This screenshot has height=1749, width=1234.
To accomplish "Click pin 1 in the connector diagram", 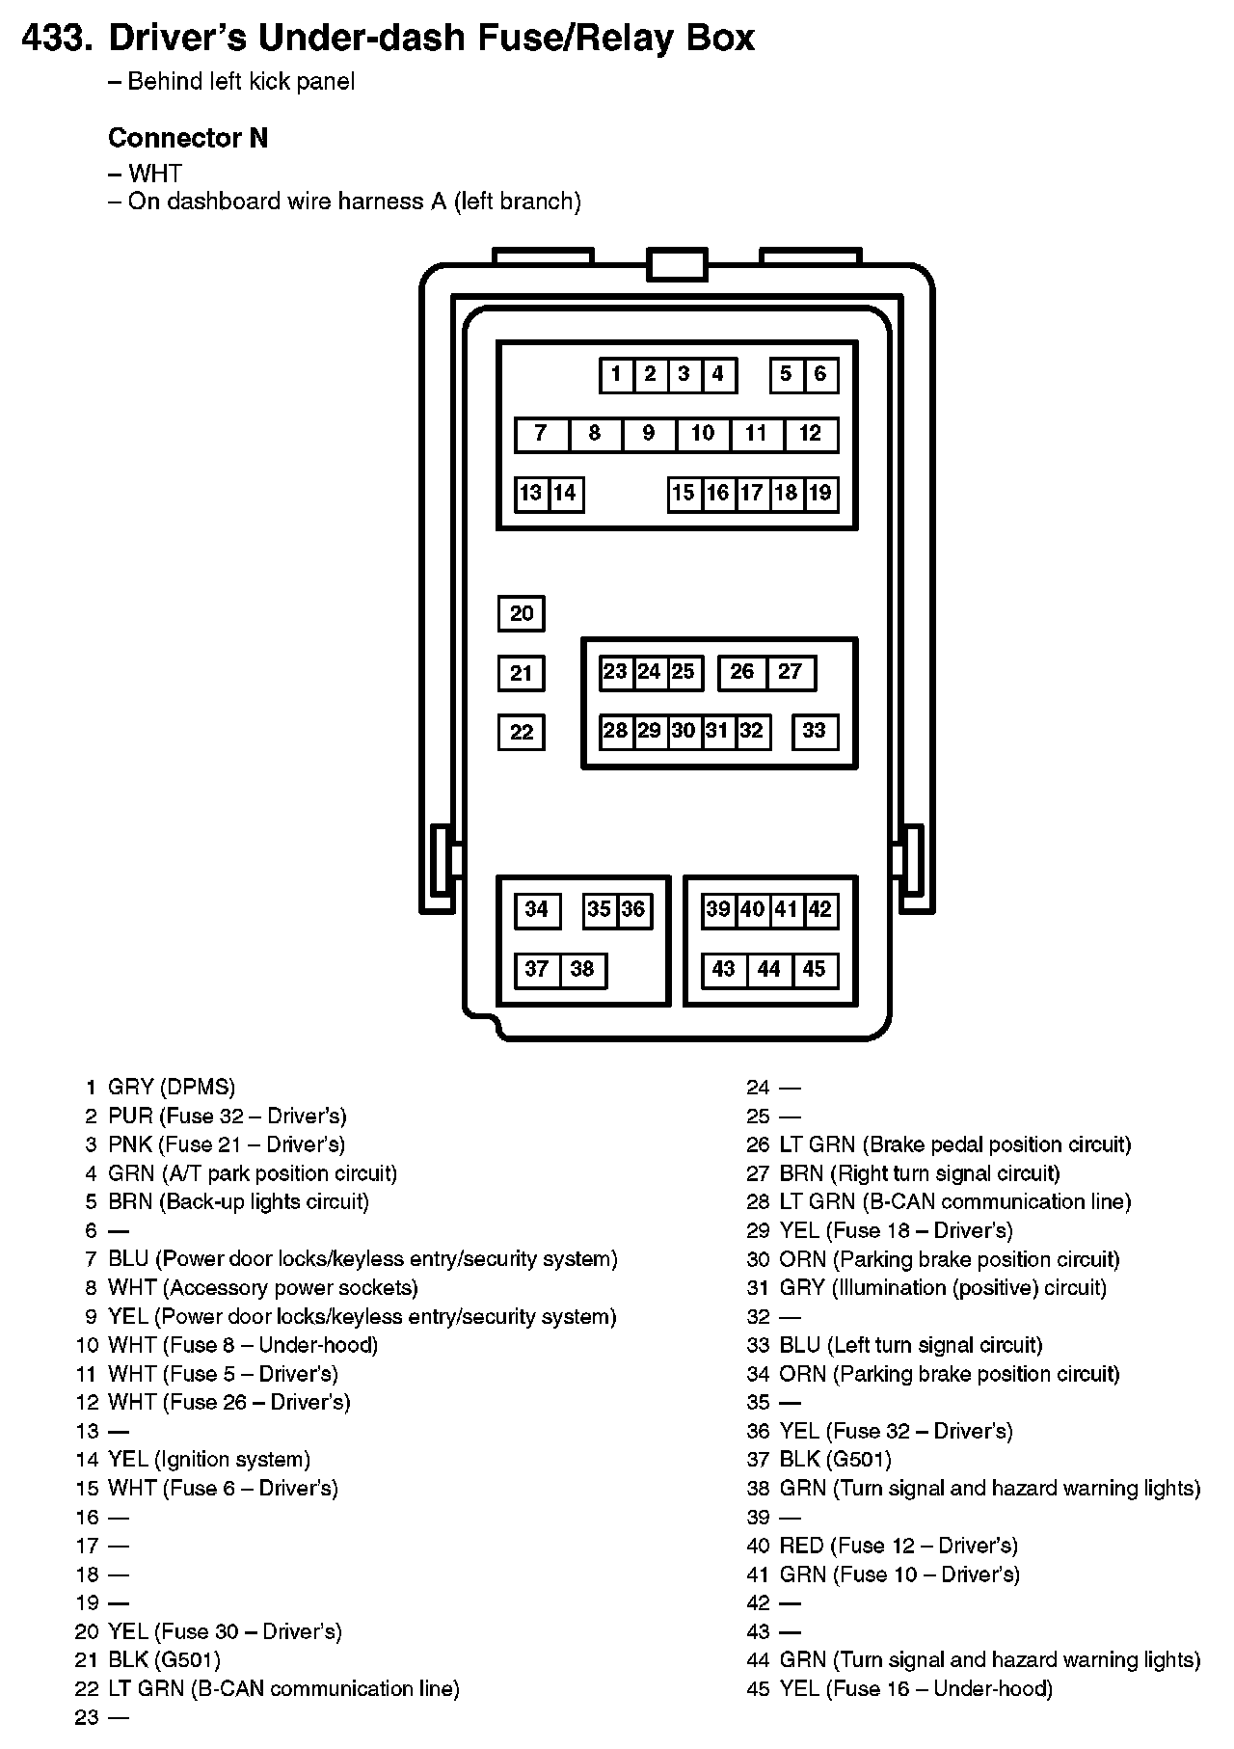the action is coord(616,375).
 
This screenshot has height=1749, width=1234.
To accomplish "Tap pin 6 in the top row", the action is coord(820,375).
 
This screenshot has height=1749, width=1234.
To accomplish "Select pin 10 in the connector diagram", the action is coord(703,434).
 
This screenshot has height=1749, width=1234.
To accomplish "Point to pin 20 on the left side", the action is coord(522,614).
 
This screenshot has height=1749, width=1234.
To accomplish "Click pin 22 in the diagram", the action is coord(522,732).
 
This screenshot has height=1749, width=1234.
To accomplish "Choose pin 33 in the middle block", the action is coord(815,731).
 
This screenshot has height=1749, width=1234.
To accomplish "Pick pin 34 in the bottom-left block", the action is coord(537,910).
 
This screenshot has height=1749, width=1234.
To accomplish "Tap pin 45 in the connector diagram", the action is coord(815,970).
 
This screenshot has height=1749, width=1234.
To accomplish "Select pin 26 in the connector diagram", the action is coord(742,672).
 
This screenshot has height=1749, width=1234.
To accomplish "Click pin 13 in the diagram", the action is coord(531,494).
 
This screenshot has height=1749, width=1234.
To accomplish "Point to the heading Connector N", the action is coord(188,138).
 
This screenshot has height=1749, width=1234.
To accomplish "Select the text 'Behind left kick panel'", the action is coord(241,82).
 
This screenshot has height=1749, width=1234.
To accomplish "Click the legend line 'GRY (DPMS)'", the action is coord(172,1088).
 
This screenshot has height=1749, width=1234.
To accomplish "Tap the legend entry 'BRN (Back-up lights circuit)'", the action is coord(239,1202).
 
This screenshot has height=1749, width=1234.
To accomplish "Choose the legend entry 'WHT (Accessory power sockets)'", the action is coord(263,1288).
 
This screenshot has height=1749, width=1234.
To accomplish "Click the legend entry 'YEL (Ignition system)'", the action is coord(209,1460).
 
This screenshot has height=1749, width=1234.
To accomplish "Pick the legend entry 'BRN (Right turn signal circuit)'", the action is coord(920,1173).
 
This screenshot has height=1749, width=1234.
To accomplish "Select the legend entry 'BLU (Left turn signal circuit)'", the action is coord(911,1345).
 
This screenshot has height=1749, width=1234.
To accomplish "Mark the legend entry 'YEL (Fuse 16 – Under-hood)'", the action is coord(916,1688).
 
